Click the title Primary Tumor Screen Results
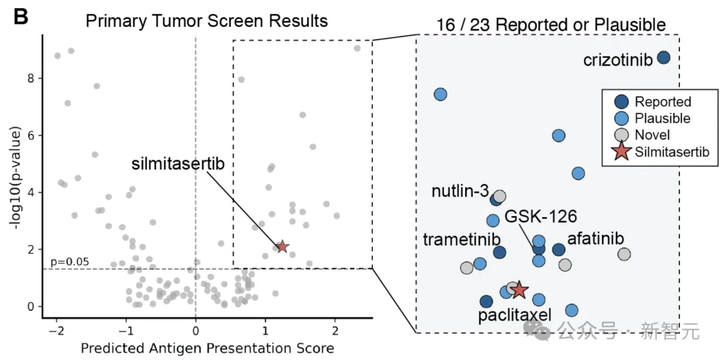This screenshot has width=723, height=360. click(x=207, y=21)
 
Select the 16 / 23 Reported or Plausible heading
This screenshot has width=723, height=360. click(x=551, y=26)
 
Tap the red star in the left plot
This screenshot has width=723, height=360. click(x=283, y=247)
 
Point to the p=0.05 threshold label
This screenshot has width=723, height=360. click(x=69, y=262)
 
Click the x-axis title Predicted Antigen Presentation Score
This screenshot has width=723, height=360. click(x=207, y=348)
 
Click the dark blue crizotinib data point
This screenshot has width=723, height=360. click(x=663, y=58)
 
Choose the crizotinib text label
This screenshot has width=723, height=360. click(x=618, y=60)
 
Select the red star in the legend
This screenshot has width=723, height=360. click(x=622, y=152)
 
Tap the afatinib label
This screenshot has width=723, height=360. click(x=596, y=239)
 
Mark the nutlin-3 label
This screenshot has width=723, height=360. click(x=460, y=191)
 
